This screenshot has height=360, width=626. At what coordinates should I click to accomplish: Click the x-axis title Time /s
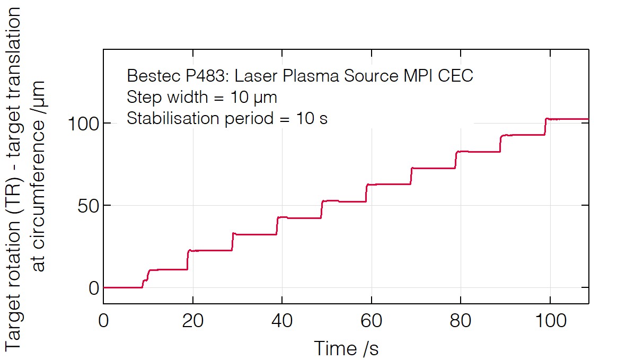pyautogui.click(x=346, y=348)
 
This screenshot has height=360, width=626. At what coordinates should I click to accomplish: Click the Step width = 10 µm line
pyautogui.click(x=202, y=98)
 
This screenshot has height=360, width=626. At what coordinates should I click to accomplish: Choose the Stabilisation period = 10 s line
pyautogui.click(x=227, y=118)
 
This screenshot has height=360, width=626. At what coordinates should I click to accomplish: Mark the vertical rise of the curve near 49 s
pyautogui.click(x=322, y=210)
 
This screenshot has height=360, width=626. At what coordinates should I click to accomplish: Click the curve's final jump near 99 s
pyautogui.click(x=545, y=127)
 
